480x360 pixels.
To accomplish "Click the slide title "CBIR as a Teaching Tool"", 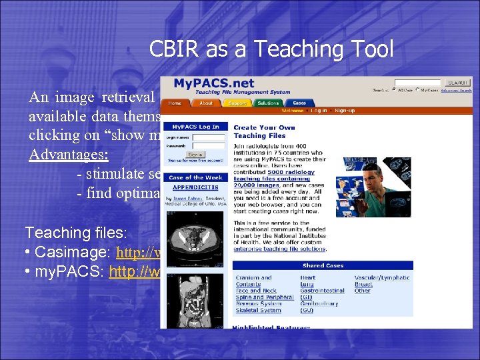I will coord(271,49).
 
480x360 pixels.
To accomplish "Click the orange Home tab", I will coord(175,103).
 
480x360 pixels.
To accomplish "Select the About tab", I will coord(206,103).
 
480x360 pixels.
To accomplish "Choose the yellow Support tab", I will coord(237,103).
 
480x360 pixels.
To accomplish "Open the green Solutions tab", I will coord(268,103).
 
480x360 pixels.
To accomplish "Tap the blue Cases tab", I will coord(299,103).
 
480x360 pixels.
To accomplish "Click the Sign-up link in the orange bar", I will coord(345,111).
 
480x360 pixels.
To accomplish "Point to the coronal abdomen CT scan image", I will coord(195,297).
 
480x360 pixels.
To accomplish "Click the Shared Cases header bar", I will coord(323,265).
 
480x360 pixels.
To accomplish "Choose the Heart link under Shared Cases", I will coord(307,277).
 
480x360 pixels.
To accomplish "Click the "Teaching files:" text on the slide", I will coord(67,233).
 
